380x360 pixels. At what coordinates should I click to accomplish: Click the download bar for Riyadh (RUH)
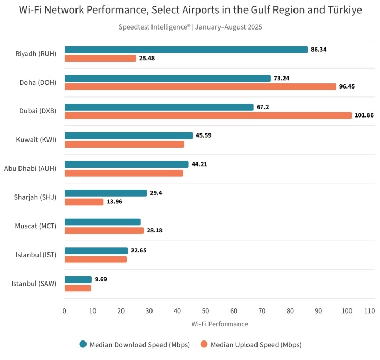186,50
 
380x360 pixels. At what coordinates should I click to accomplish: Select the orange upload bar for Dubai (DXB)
208,115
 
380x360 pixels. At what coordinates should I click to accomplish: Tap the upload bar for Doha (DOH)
200,86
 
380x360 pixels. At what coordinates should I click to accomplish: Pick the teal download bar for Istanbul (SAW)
78,279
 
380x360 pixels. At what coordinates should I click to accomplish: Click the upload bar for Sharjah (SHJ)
84,202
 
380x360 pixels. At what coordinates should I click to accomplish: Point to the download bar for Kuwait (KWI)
129,135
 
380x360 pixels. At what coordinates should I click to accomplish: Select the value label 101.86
364,115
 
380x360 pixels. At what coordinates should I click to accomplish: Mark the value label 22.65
139,251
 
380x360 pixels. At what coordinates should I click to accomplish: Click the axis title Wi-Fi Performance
219,324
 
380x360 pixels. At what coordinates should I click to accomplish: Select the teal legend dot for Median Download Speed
83,345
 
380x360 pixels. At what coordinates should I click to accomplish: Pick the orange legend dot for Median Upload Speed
204,345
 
